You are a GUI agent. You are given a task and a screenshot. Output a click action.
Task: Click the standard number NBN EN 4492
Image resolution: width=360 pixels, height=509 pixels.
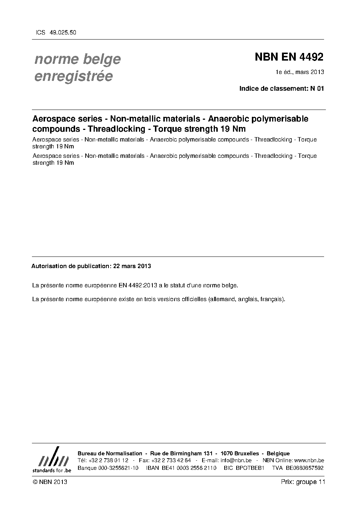click(x=289, y=57)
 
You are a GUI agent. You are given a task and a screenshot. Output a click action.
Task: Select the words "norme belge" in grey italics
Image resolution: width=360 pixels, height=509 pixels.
click(x=77, y=59)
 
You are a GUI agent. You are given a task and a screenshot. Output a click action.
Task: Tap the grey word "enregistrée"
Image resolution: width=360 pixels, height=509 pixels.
click(x=73, y=77)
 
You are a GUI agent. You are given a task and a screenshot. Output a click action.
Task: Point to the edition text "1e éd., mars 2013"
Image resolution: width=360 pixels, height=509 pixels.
click(x=300, y=72)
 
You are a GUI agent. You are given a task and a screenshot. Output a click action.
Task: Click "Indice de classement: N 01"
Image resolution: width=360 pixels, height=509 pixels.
click(x=281, y=89)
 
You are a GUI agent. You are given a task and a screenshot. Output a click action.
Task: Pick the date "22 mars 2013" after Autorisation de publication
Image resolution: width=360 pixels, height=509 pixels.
click(x=132, y=266)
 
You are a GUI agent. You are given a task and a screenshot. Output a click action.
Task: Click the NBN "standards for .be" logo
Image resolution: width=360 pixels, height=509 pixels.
click(x=52, y=460)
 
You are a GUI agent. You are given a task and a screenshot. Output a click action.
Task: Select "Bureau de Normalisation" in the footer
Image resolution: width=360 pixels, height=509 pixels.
click(x=110, y=453)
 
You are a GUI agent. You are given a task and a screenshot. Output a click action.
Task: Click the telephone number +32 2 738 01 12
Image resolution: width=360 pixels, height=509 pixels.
click(x=108, y=460)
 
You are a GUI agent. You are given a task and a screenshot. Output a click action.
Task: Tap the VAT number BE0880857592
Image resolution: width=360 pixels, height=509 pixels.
click(x=304, y=468)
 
